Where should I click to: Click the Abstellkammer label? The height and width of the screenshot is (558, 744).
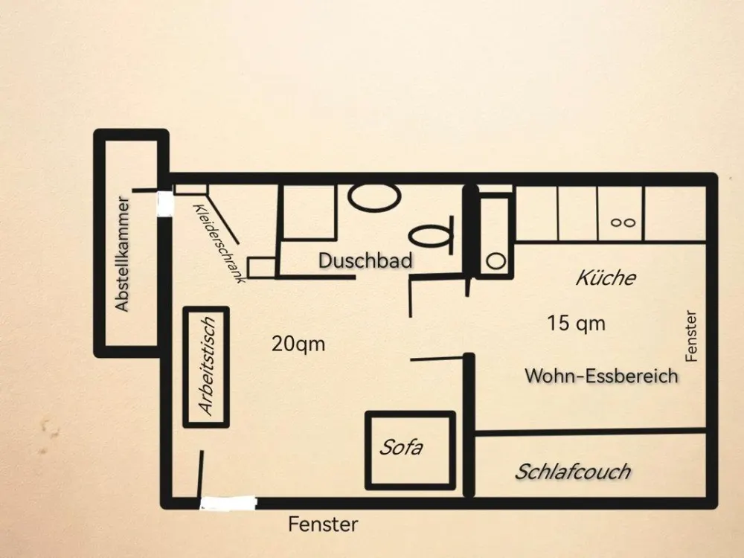(123, 254)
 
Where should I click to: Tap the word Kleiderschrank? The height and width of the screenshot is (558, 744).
(219, 243)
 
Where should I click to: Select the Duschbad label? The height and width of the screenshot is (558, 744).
(365, 260)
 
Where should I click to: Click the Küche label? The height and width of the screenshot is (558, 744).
(606, 278)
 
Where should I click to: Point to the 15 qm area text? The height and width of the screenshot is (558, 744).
(577, 324)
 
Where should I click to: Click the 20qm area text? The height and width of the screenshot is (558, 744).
(298, 344)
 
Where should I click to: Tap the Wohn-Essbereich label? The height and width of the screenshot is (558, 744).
(601, 376)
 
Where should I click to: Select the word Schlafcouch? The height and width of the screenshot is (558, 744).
(573, 472)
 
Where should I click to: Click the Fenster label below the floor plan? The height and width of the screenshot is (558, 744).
(323, 525)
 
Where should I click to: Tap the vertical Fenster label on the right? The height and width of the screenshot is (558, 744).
(691, 336)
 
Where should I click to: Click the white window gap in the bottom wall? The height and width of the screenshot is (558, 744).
(228, 503)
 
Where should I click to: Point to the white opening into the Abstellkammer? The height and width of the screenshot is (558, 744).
(165, 204)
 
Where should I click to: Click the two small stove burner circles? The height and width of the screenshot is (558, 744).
(623, 222)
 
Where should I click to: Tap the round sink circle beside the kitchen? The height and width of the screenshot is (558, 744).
(496, 261)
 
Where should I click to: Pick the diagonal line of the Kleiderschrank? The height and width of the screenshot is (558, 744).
(223, 219)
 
